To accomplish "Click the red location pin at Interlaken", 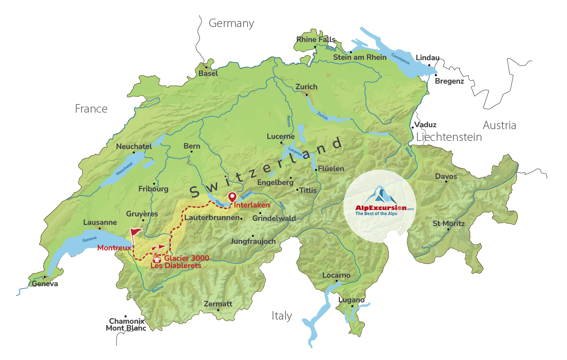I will point(232,197).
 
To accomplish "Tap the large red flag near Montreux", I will point(135,232).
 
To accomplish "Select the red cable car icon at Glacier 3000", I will point(157,260).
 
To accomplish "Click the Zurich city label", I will point(306,87).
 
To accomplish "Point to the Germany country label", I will point(231,23).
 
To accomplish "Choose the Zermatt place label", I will point(218,304).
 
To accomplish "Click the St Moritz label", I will point(448,224).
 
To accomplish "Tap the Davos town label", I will point(446,176).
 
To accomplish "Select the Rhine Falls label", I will point(316,40).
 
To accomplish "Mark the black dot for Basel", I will point(206,67).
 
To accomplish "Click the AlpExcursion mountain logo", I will point(380,195).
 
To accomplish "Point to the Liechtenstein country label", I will point(449,137).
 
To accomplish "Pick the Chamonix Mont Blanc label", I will point(126,324).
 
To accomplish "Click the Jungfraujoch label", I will point(253,241).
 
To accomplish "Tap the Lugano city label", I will point(351,300).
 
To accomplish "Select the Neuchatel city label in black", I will point(134,147).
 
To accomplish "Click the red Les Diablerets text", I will point(176,266).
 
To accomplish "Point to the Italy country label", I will point(281,316).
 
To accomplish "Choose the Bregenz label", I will point(449,81).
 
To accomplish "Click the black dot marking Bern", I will point(191,152).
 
